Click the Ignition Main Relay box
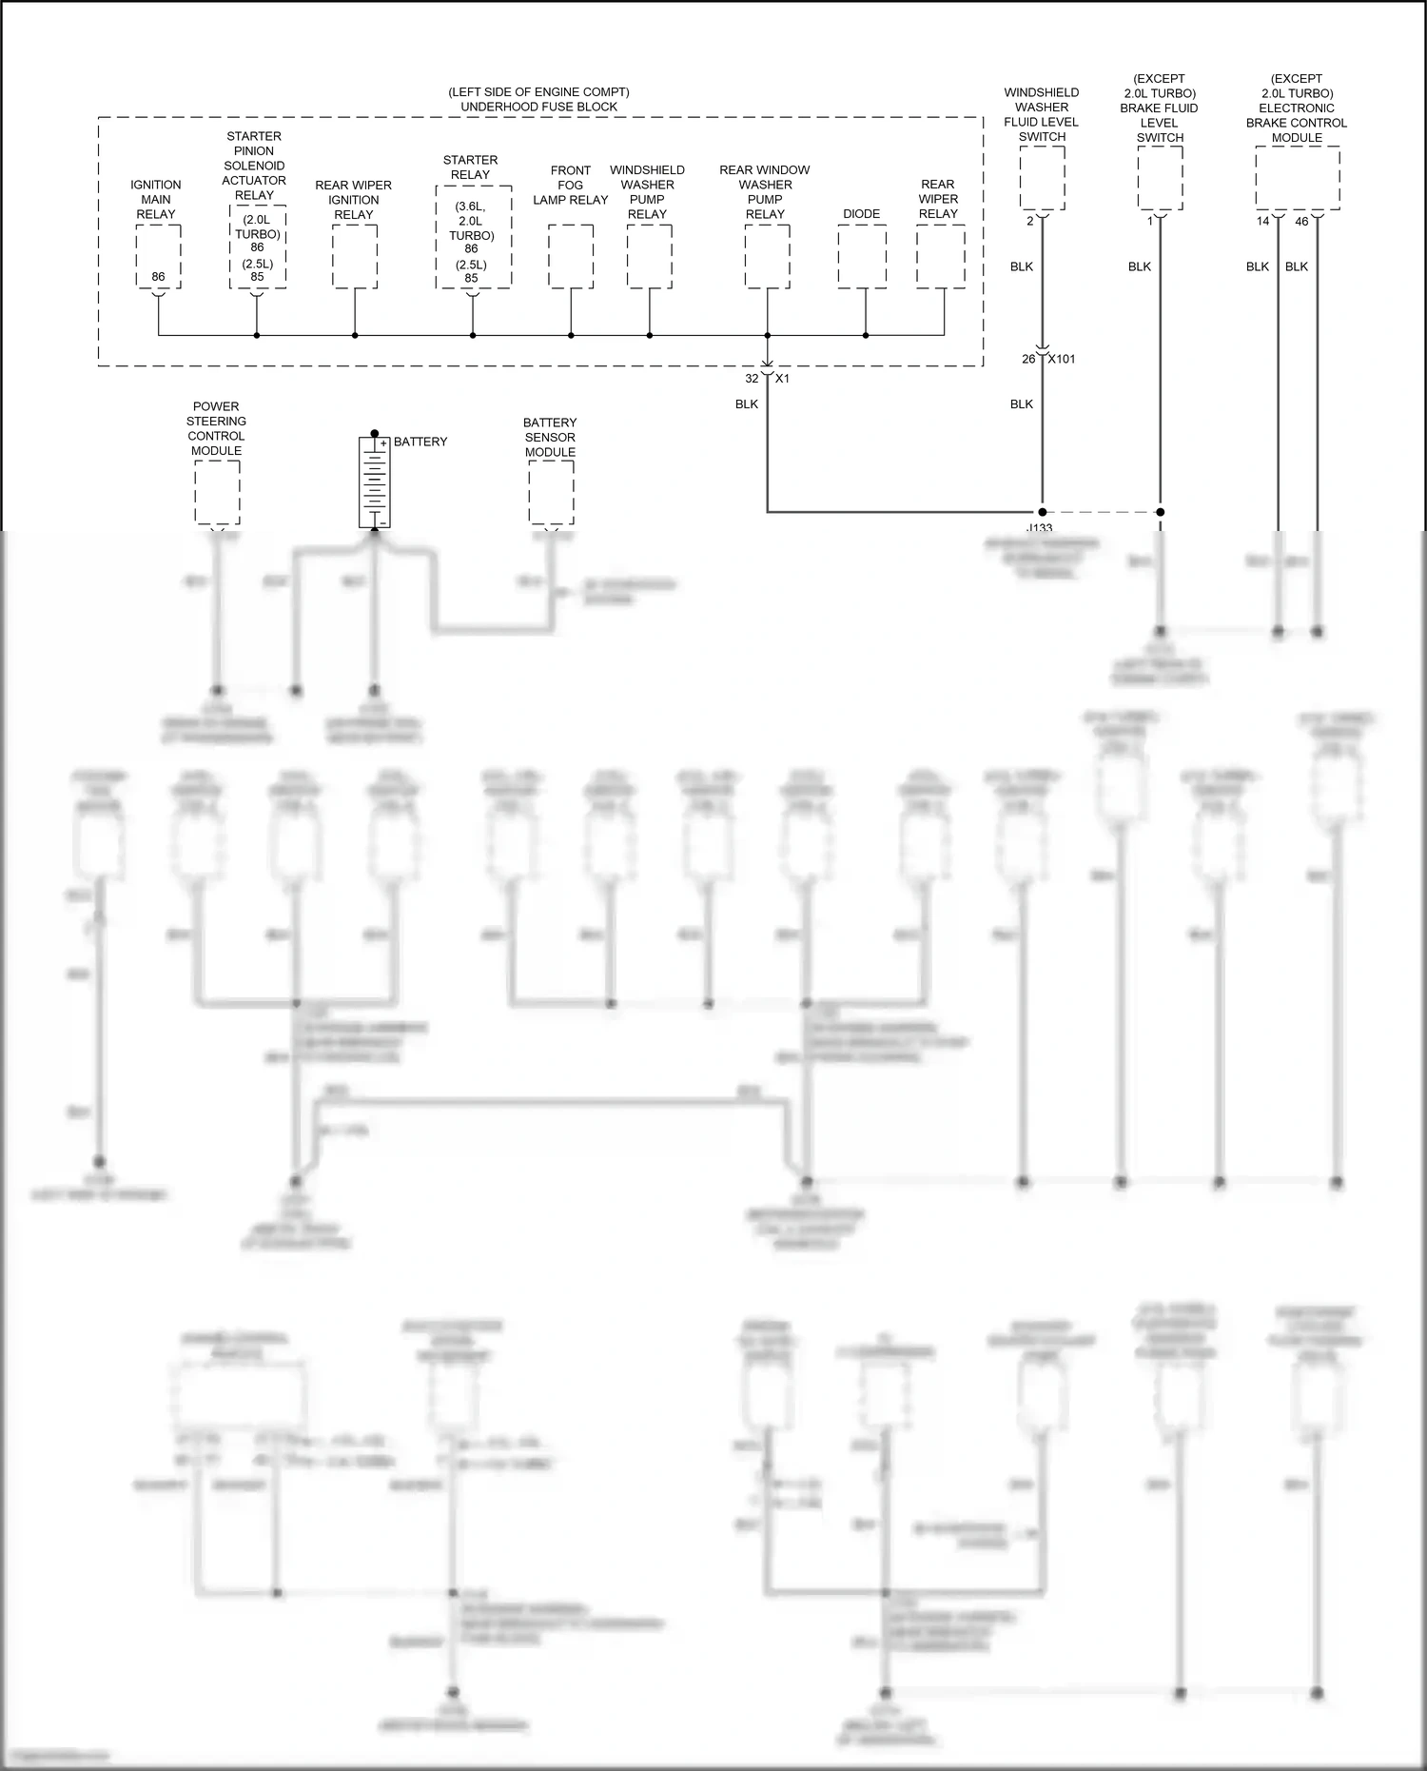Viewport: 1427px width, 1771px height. [x=158, y=256]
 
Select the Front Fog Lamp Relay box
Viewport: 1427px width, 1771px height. [x=571, y=256]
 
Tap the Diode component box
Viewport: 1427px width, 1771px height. [x=862, y=256]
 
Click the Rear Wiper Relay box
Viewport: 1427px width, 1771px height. [x=940, y=256]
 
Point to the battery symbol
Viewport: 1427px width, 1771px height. [x=374, y=482]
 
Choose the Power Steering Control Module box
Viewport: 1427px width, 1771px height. [x=217, y=492]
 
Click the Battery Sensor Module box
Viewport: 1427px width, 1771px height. [x=551, y=492]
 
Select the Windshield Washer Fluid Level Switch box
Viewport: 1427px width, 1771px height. [x=1042, y=178]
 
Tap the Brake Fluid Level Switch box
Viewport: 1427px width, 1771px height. [x=1160, y=178]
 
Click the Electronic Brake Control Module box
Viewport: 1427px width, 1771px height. [x=1297, y=178]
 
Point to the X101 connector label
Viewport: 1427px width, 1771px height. [x=1062, y=359]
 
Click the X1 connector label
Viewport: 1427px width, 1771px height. [x=782, y=379]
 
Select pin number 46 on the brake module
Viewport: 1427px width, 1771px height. [x=1302, y=221]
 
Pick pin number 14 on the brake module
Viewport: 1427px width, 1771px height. [x=1262, y=221]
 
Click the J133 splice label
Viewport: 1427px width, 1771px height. [x=1040, y=527]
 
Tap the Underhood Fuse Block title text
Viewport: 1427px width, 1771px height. [x=538, y=107]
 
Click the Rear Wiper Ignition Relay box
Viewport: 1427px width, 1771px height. [x=355, y=256]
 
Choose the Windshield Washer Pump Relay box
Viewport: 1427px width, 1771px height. [x=649, y=256]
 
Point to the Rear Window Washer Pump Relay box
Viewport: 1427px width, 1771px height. [x=767, y=256]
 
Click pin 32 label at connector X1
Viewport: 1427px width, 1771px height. [x=752, y=379]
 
